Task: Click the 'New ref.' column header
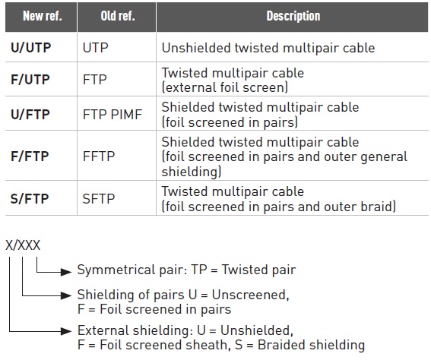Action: point(43,16)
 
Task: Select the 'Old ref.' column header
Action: point(118,16)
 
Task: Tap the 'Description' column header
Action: point(293,16)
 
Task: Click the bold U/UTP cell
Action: point(30,48)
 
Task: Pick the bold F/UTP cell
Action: point(30,80)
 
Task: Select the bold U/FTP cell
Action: point(30,114)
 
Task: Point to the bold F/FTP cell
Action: point(30,156)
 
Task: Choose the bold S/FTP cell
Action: point(30,198)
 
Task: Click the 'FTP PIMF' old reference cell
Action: point(113,114)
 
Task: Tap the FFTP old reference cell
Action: point(99,156)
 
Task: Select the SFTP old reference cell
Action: point(98,198)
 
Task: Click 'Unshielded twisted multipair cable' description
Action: point(268,48)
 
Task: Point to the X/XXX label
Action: point(23,245)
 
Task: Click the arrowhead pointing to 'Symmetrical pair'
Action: point(66,272)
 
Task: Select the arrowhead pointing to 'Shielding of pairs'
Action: point(66,295)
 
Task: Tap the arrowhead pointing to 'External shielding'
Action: point(66,331)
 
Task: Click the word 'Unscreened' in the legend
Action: point(249,295)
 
